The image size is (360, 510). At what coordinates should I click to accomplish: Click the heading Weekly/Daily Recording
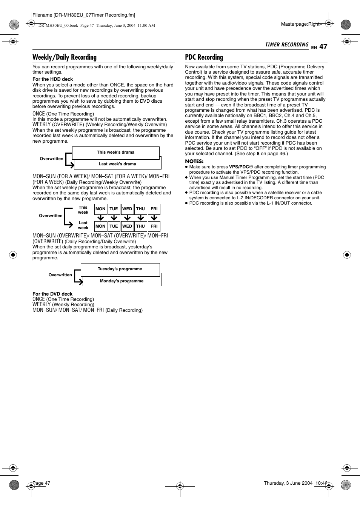65,57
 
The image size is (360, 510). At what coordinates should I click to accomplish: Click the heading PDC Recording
204,57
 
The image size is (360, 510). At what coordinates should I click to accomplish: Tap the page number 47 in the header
323,47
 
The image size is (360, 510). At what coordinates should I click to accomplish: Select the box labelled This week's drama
115,153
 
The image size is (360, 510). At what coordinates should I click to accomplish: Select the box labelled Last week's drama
117,164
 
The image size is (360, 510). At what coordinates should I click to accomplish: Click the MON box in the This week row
100,209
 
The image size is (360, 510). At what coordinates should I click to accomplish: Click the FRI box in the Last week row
154,226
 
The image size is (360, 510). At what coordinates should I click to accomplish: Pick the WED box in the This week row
127,209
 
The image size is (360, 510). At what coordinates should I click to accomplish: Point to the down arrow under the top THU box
141,218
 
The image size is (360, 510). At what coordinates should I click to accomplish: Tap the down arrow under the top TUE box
114,218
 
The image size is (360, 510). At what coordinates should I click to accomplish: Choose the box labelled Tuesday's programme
120,269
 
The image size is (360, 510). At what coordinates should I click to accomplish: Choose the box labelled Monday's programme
122,281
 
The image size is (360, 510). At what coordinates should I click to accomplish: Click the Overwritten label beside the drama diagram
51,159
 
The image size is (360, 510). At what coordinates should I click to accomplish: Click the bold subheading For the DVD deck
52,294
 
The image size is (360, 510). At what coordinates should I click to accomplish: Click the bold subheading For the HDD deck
53,79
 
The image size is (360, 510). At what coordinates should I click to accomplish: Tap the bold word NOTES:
194,162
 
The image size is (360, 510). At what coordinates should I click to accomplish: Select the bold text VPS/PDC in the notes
239,167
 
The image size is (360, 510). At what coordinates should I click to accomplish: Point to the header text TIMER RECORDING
287,45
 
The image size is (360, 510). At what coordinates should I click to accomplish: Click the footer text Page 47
42,483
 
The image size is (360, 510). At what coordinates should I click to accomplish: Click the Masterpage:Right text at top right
301,24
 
